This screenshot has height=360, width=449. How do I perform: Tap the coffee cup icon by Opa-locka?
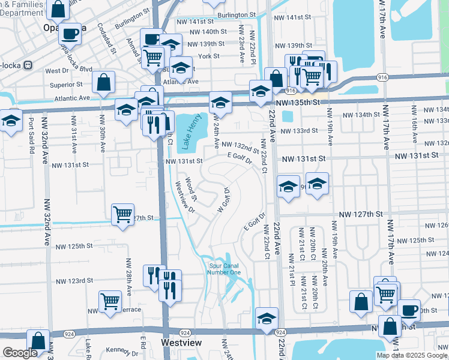pyautogui.click(x=70, y=33)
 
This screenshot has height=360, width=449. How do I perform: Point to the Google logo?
pyautogui.click(x=20, y=353)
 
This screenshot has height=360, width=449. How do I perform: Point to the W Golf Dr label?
pyautogui.click(x=223, y=200)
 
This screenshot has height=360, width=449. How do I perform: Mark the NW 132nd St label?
pyautogui.click(x=240, y=146)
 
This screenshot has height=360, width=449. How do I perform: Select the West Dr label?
pyautogui.click(x=56, y=71)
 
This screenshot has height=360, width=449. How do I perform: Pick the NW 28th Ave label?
pyautogui.click(x=128, y=275)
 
